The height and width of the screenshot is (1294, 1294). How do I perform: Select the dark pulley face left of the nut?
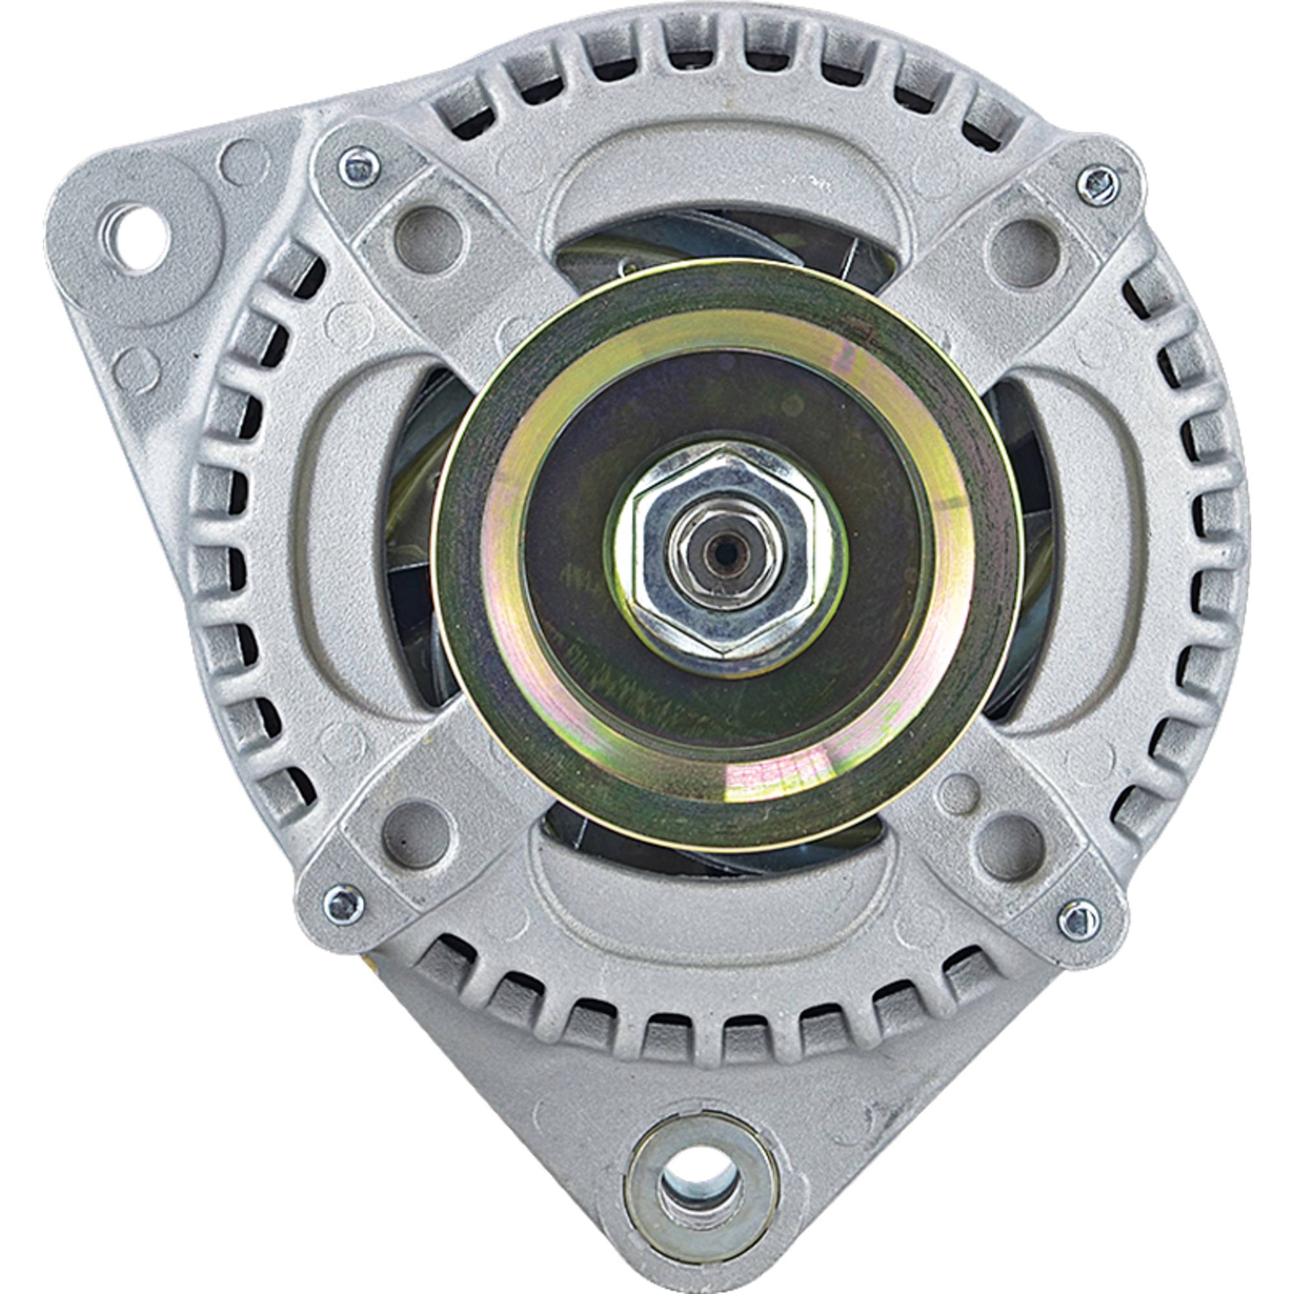point(569,556)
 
